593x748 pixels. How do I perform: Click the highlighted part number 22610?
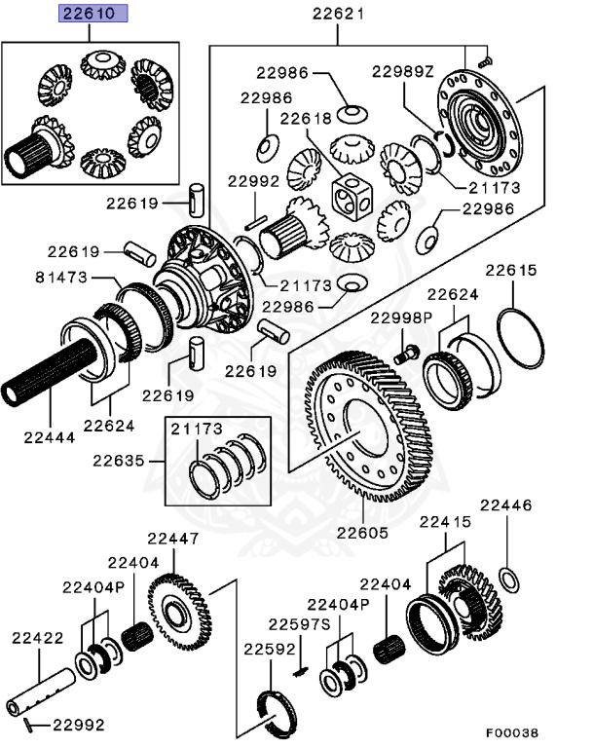(89, 15)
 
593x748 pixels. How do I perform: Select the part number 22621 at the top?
(338, 15)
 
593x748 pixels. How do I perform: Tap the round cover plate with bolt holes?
(477, 123)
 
